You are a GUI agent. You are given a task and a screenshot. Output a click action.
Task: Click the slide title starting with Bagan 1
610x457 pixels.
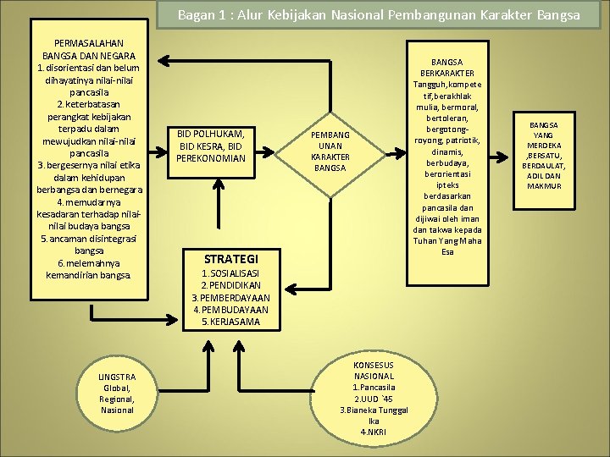click(x=379, y=15)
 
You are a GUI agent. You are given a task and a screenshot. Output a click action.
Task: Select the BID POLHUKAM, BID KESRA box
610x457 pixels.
click(x=212, y=146)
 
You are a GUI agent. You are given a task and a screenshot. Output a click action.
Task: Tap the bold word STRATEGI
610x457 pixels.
click(x=231, y=258)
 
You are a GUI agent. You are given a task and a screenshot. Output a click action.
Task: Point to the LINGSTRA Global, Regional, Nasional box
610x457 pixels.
click(x=117, y=393)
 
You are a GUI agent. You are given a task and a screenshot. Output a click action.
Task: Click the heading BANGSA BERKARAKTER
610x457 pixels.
click(x=446, y=68)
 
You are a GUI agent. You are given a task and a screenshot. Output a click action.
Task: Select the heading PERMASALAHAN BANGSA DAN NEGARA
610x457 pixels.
click(x=88, y=49)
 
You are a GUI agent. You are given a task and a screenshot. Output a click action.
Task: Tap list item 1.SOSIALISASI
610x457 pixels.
click(x=231, y=274)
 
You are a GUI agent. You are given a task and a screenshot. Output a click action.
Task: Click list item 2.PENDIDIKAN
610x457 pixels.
click(x=231, y=286)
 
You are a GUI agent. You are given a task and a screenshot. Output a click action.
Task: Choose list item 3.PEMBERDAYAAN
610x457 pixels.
click(x=231, y=298)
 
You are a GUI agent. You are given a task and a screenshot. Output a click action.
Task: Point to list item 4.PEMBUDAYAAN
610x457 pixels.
click(x=231, y=310)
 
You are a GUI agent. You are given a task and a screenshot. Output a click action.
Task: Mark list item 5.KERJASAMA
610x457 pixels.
click(x=231, y=322)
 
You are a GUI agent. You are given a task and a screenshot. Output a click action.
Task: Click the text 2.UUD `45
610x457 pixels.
click(x=374, y=398)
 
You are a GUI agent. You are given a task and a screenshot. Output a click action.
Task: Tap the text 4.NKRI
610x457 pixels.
click(x=374, y=432)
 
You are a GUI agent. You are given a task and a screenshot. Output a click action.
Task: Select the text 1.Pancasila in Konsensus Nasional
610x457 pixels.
click(x=374, y=387)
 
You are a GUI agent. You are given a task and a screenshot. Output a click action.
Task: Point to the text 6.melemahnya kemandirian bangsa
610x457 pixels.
click(x=88, y=269)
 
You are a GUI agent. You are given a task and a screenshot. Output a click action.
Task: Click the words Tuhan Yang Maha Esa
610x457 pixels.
click(x=446, y=245)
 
